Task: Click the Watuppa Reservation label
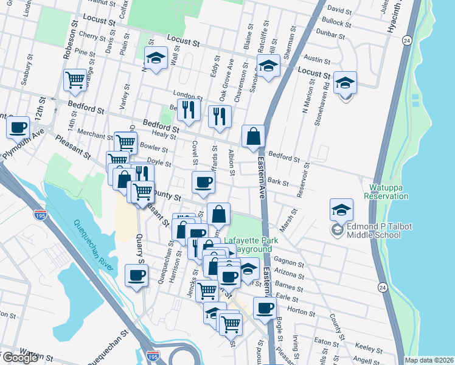click(386, 192)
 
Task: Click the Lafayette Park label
click(251, 240)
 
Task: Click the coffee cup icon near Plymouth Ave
click(18, 127)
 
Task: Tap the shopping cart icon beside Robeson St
click(75, 80)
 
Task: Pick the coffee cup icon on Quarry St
click(136, 274)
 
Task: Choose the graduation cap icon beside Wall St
click(156, 58)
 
